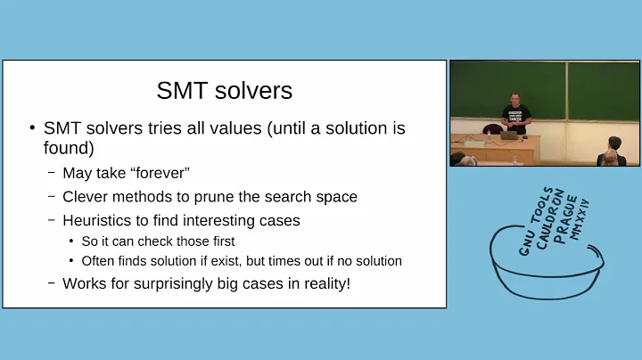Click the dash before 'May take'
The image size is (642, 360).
tap(51, 173)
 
